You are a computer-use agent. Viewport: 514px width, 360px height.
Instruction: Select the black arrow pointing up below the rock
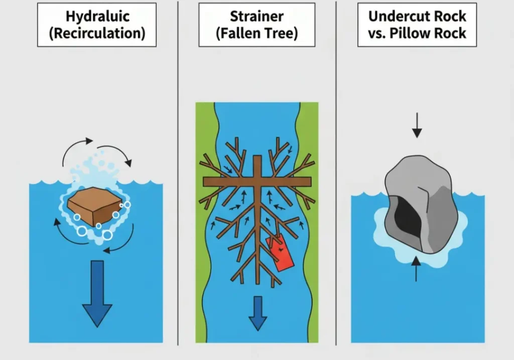click(x=416, y=269)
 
